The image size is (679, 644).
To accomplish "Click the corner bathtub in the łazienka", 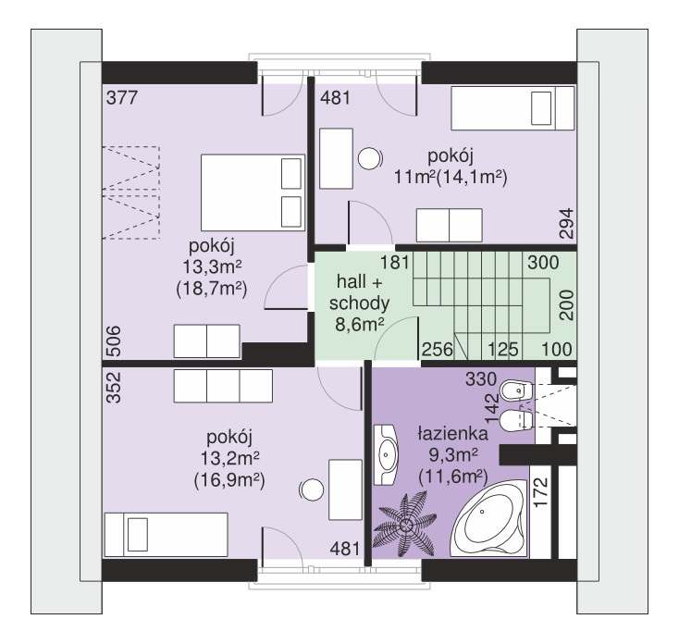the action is coord(489,518).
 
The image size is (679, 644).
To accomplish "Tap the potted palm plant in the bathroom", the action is coord(405,524).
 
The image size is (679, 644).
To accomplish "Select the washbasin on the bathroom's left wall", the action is coord(386,454).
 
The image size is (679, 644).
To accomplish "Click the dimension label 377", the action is coord(122,97).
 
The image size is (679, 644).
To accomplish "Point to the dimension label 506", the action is coord(114,341).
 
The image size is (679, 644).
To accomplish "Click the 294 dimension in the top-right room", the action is coord(566,224).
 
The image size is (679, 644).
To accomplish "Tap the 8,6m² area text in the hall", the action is coord(360,324).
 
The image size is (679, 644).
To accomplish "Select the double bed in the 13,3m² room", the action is coord(253,192).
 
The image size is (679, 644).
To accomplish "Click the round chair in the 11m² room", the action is coord(370,159).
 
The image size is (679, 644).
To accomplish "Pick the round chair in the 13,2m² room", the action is coord(312,490).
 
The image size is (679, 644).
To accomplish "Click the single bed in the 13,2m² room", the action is coord(166,535).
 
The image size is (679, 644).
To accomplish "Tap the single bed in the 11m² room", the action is coord(512,108).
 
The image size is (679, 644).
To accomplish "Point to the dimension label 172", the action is coord(541,492).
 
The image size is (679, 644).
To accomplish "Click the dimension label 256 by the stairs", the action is coord(438,349).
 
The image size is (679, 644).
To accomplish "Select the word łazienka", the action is coord(453,434).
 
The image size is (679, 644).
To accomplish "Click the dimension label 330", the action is coord(481,379).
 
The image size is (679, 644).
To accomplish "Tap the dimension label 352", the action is coord(114,388).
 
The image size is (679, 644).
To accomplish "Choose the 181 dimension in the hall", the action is coord(394,263).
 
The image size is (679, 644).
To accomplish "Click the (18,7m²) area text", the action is coord(212,289).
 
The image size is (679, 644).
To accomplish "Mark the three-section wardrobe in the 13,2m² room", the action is coord(224,386).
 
